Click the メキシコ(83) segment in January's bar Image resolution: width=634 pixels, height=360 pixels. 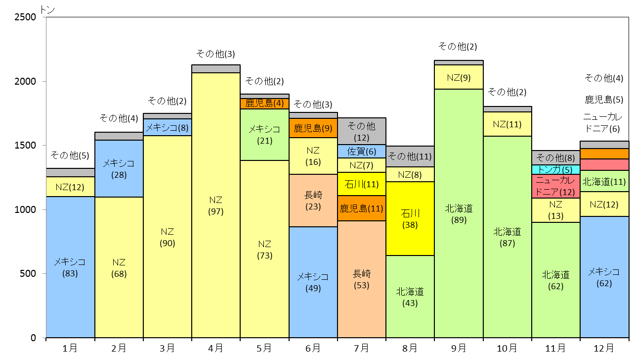pyautogui.click(x=70, y=267)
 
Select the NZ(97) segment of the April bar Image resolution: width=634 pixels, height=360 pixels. pyautogui.click(x=215, y=205)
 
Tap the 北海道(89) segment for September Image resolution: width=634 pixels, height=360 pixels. pyautogui.click(x=459, y=213)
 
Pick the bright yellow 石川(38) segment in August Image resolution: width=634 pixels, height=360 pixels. pyautogui.click(x=410, y=218)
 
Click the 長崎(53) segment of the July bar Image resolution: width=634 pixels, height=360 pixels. pyautogui.click(x=361, y=279)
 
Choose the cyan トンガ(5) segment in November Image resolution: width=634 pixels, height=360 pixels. pyautogui.click(x=555, y=170)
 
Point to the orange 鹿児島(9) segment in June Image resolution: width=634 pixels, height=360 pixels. pyautogui.click(x=313, y=128)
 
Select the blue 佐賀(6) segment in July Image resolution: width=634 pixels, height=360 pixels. pyautogui.click(x=361, y=151)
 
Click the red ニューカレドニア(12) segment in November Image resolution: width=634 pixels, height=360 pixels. pyautogui.click(x=555, y=186)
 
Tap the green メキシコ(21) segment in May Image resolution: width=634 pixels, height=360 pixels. pyautogui.click(x=264, y=135)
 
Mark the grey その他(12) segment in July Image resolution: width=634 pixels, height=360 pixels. pyautogui.click(x=361, y=131)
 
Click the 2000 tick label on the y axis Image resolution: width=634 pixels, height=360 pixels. pyautogui.click(x=25, y=81)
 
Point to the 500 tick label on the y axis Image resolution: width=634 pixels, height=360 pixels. pyautogui.click(x=28, y=273)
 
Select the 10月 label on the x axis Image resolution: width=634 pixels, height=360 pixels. pyautogui.click(x=507, y=348)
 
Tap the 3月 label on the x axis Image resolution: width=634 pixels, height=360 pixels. pyautogui.click(x=167, y=348)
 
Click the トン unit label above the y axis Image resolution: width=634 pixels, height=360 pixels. pyautogui.click(x=47, y=10)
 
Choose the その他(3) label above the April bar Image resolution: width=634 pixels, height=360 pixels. pyautogui.click(x=215, y=53)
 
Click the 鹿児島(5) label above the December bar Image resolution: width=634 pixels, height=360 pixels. pyautogui.click(x=604, y=100)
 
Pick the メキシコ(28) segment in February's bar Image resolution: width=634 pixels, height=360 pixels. pyautogui.click(x=119, y=168)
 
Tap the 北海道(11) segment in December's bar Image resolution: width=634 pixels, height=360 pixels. pyautogui.click(x=604, y=181)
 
